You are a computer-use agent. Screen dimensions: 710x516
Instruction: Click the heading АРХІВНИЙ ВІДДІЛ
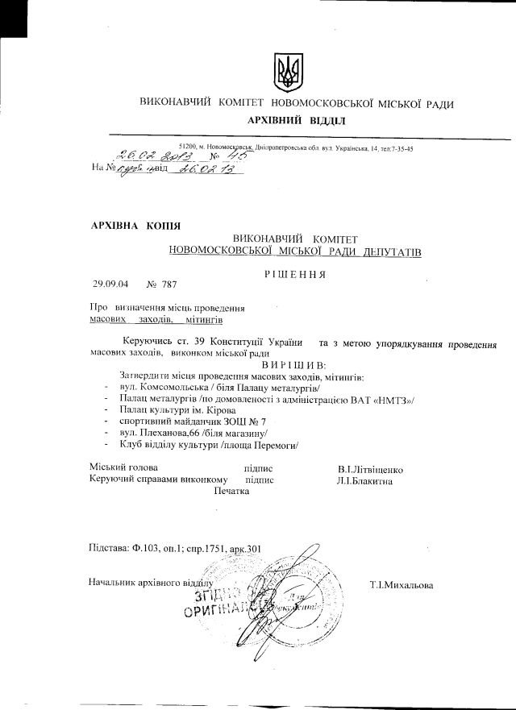(298, 120)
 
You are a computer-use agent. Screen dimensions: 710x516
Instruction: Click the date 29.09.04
(108, 284)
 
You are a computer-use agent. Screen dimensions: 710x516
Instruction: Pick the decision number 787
(168, 284)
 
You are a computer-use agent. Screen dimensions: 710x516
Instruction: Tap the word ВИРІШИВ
(302, 365)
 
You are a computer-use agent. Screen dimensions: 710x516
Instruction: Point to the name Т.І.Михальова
(401, 584)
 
